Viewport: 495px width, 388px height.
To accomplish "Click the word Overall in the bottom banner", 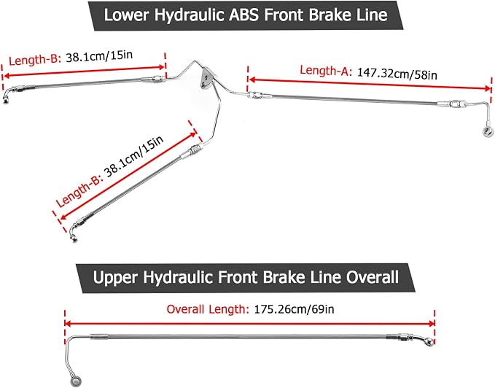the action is [x=373, y=277].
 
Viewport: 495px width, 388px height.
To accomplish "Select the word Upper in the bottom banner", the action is [x=115, y=278].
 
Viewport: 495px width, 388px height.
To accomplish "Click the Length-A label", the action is [x=326, y=71].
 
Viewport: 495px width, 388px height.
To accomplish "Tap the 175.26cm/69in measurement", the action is [x=294, y=309].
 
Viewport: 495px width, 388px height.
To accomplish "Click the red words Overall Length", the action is [x=208, y=309].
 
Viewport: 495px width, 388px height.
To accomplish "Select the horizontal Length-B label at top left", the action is [x=35, y=59].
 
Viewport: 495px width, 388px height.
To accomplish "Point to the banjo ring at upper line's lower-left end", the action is [x=76, y=381].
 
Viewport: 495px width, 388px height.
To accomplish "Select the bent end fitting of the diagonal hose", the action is [x=74, y=232].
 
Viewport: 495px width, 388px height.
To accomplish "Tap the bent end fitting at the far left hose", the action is [x=7, y=95].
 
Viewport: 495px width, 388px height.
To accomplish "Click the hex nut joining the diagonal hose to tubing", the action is [x=195, y=149].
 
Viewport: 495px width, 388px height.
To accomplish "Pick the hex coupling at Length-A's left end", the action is [x=254, y=94].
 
